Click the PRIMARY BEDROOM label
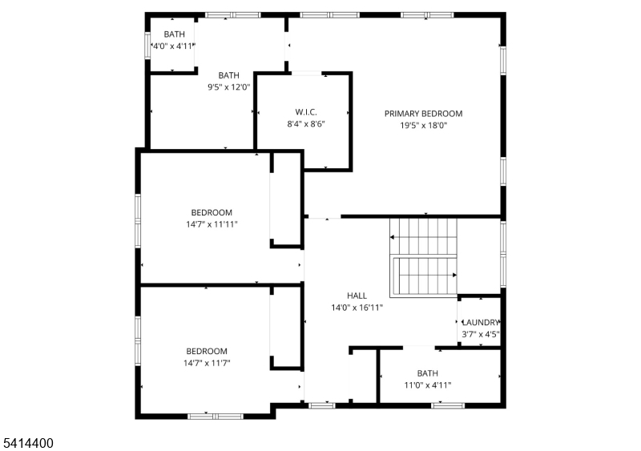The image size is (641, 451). pos(424,114)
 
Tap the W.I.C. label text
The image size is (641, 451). pos(306,112)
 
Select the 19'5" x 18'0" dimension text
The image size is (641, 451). pos(424,126)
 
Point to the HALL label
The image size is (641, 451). pos(357,296)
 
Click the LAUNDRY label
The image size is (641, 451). pos(481,322)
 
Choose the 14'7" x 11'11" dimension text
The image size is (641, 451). pos(212,224)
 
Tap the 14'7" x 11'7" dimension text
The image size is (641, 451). pos(207,363)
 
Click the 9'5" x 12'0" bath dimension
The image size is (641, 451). pos(228,87)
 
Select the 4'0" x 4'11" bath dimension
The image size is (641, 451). pos(173,46)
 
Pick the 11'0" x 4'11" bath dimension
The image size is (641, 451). pos(428,385)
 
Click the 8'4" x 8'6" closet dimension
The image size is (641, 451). pos(306,124)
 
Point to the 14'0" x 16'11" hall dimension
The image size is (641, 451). pos(357,308)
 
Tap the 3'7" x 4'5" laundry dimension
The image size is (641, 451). pos(481,334)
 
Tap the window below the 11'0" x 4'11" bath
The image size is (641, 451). pos(448,405)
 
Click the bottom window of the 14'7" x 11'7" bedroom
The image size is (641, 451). pos(216,417)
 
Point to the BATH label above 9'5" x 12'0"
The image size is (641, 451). pos(228,75)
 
